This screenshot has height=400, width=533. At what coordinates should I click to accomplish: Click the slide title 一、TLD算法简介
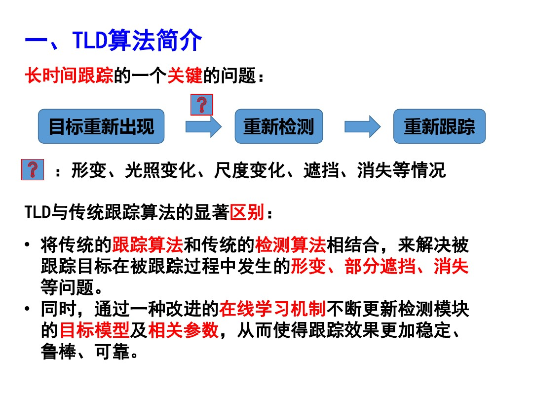click(114, 41)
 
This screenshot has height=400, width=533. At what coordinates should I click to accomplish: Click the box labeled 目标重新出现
click(101, 127)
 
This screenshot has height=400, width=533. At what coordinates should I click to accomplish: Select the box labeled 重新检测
click(278, 127)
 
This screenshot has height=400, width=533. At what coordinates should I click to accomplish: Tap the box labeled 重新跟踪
click(439, 127)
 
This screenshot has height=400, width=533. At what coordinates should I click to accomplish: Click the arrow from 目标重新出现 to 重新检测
click(203, 127)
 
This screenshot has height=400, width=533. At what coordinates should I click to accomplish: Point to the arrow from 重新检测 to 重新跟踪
click(362, 127)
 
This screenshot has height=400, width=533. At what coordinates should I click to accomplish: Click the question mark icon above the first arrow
click(201, 105)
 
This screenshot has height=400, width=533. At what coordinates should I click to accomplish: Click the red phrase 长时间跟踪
click(69, 77)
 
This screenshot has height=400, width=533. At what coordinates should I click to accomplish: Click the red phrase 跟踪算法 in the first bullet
click(148, 244)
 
